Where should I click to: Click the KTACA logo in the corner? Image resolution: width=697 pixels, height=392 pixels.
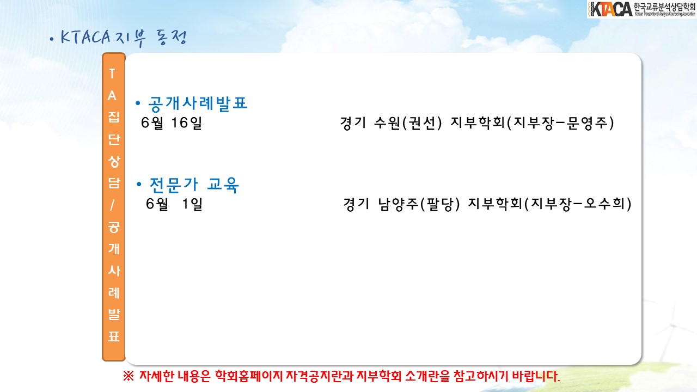tap(641, 9)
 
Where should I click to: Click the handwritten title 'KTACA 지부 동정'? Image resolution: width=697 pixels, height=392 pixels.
tap(123, 38)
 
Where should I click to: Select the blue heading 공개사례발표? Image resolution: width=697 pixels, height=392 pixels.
tap(198, 103)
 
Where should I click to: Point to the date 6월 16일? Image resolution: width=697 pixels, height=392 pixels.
tap(172, 123)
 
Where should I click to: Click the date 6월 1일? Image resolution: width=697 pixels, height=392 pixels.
tap(174, 204)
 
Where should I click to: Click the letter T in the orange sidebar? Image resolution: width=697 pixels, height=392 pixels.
tap(112, 74)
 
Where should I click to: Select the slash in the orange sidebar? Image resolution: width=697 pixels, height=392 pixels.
tap(112, 205)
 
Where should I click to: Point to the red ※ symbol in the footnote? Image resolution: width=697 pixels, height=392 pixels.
tap(129, 376)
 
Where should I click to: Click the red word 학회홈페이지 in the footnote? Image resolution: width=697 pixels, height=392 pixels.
tap(249, 376)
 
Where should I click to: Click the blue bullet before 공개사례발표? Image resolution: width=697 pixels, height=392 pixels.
tap(138, 103)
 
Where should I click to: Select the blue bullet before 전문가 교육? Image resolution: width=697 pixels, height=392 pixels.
tap(139, 184)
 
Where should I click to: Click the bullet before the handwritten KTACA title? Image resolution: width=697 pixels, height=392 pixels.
tap(52, 40)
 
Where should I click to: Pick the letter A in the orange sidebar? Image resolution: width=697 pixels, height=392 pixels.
tap(112, 96)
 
